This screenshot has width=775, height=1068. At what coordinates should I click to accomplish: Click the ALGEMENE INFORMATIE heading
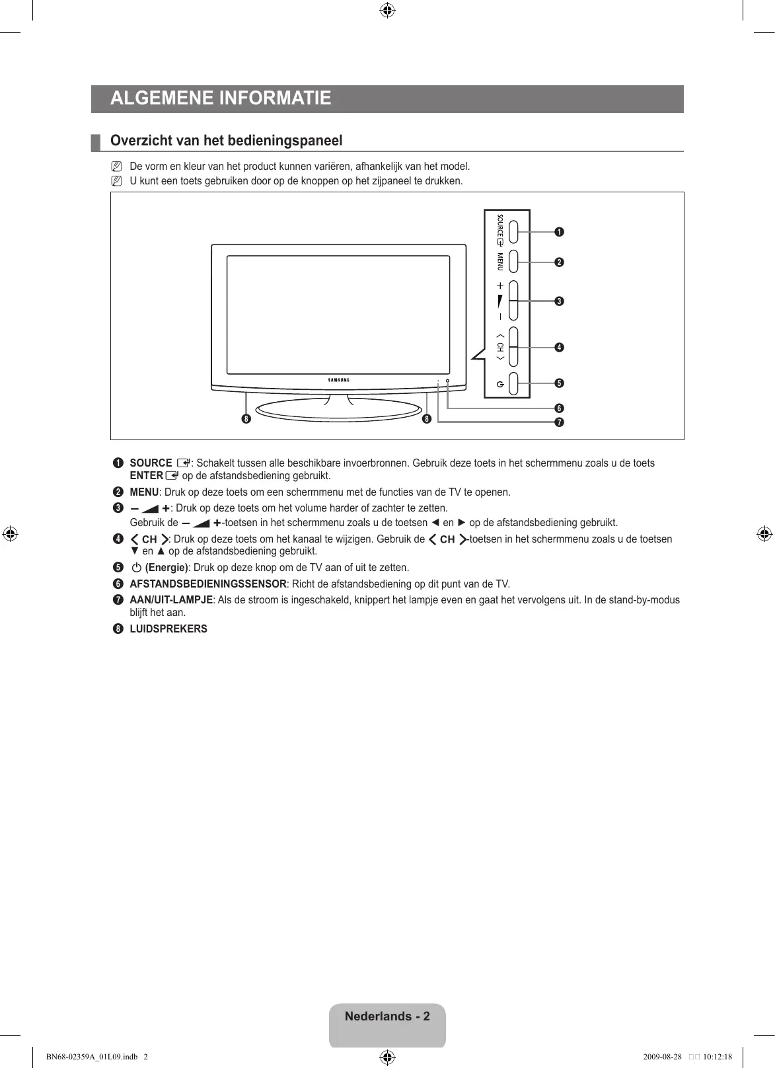(x=221, y=98)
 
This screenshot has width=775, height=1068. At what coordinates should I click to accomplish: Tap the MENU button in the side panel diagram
(x=519, y=262)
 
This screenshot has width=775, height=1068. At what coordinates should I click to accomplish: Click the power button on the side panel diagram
(x=519, y=384)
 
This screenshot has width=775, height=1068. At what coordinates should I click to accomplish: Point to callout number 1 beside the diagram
(x=559, y=231)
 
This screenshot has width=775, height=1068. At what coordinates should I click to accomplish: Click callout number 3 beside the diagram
(x=559, y=301)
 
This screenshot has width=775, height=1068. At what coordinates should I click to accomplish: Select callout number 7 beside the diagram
(x=559, y=422)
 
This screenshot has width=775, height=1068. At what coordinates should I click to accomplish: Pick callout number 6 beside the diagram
(x=559, y=408)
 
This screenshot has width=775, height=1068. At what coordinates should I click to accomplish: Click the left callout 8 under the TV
(x=246, y=418)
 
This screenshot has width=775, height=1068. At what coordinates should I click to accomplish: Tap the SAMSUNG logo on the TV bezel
(x=338, y=379)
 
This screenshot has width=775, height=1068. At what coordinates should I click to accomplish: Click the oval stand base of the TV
(x=338, y=409)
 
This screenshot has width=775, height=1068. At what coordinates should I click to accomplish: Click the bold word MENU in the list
(x=144, y=492)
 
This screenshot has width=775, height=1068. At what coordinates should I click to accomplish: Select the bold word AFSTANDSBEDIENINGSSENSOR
(x=208, y=584)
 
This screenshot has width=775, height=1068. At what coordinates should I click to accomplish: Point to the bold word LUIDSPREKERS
(x=168, y=629)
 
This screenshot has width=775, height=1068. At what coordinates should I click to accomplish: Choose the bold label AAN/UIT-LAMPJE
(x=171, y=600)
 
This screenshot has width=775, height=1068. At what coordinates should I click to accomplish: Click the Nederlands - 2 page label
(x=387, y=1016)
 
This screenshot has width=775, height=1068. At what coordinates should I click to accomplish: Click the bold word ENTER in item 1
(x=146, y=476)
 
